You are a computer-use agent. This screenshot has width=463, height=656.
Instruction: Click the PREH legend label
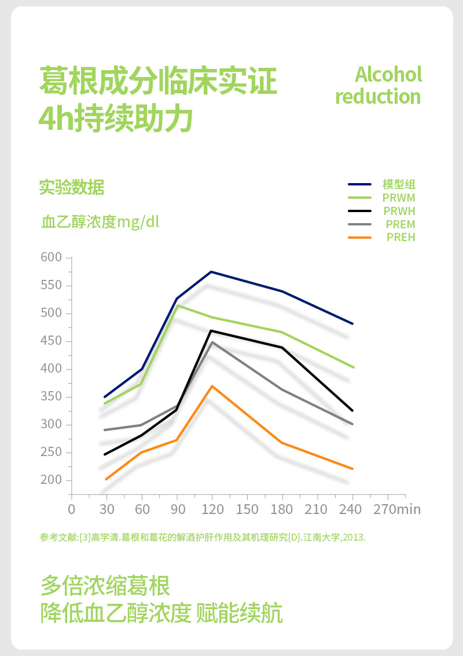pyautogui.click(x=400, y=237)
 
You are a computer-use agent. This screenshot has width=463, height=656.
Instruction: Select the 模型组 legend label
pyautogui.click(x=399, y=185)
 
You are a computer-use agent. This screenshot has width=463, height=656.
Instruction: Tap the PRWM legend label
pyautogui.click(x=399, y=198)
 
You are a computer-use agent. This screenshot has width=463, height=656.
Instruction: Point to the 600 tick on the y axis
pyautogui.click(x=51, y=258)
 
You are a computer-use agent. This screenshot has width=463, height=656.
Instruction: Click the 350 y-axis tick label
pyautogui.click(x=51, y=397)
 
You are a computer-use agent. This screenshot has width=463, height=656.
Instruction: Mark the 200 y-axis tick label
pyautogui.click(x=51, y=480)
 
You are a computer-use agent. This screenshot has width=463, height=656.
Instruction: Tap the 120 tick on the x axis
pyautogui.click(x=212, y=509)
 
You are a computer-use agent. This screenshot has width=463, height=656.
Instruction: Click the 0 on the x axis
pyautogui.click(x=72, y=509)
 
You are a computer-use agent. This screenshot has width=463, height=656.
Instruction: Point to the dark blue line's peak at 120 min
pyautogui.click(x=212, y=272)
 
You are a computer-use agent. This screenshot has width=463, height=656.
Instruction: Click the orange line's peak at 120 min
pyautogui.click(x=212, y=386)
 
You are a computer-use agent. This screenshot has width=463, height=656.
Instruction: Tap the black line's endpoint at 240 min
pyautogui.click(x=352, y=410)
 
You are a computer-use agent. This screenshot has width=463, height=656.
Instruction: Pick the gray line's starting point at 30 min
pyautogui.click(x=105, y=430)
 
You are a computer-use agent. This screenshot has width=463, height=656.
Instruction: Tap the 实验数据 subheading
pyautogui.click(x=72, y=187)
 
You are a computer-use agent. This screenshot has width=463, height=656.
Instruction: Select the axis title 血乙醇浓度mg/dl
pyautogui.click(x=100, y=222)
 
